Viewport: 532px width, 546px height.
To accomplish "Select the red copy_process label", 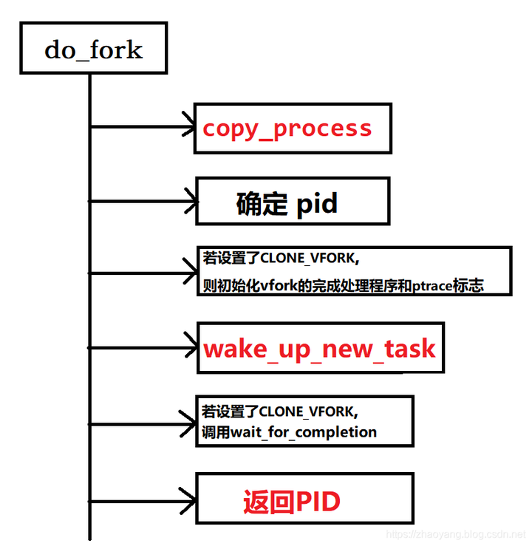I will (287, 129).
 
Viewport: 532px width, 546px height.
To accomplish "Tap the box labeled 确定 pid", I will (292, 202).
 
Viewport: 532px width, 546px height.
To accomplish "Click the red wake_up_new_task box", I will (319, 348).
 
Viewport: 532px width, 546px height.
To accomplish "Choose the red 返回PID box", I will (303, 501).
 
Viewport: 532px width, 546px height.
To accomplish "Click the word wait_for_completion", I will (304, 432).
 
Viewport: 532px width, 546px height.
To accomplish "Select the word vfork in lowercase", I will (276, 285).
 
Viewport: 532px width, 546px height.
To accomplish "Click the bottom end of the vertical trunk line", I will (89, 537).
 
